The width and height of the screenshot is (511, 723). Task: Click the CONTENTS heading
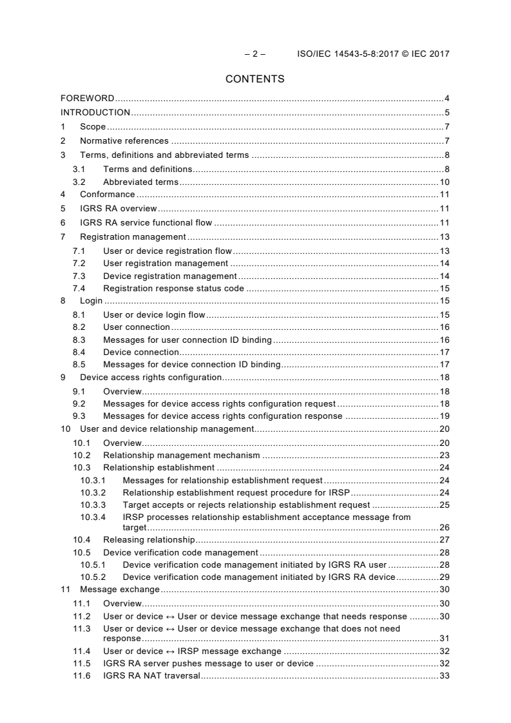(255, 79)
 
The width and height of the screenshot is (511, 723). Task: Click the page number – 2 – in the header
(255, 54)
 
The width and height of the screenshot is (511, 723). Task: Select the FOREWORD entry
(88, 99)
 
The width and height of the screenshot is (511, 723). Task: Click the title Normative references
(124, 141)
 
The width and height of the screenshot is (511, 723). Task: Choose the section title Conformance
(107, 195)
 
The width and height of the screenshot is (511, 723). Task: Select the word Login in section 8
(92, 301)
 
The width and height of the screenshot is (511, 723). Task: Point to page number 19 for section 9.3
(444, 416)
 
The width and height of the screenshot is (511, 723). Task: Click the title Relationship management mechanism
(181, 455)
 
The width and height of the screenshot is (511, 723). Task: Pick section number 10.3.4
(93, 517)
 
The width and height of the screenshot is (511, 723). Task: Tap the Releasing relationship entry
(148, 539)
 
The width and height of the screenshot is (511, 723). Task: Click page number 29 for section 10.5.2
(444, 577)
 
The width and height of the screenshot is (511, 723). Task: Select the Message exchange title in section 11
(119, 590)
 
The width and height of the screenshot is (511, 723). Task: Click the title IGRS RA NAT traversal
(151, 676)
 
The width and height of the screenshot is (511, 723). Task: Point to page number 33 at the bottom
(444, 676)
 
